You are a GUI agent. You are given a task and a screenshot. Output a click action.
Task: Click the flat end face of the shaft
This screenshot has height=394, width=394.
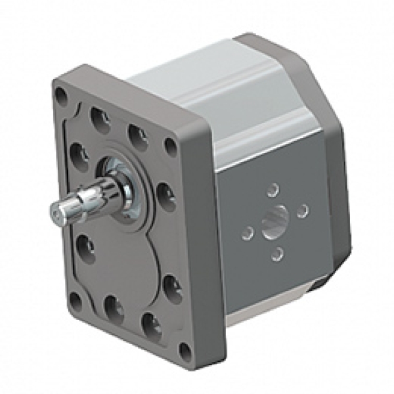(x=55, y=213)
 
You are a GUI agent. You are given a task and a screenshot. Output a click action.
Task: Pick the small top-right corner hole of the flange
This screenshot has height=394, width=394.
(x=171, y=145)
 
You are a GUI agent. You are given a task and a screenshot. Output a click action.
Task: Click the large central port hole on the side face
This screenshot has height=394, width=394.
(x=275, y=223)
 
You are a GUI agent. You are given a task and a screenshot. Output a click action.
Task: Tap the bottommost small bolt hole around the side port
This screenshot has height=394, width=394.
(x=278, y=253)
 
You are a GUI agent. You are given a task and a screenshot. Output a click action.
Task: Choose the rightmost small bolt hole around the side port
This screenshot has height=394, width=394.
(x=302, y=211)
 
